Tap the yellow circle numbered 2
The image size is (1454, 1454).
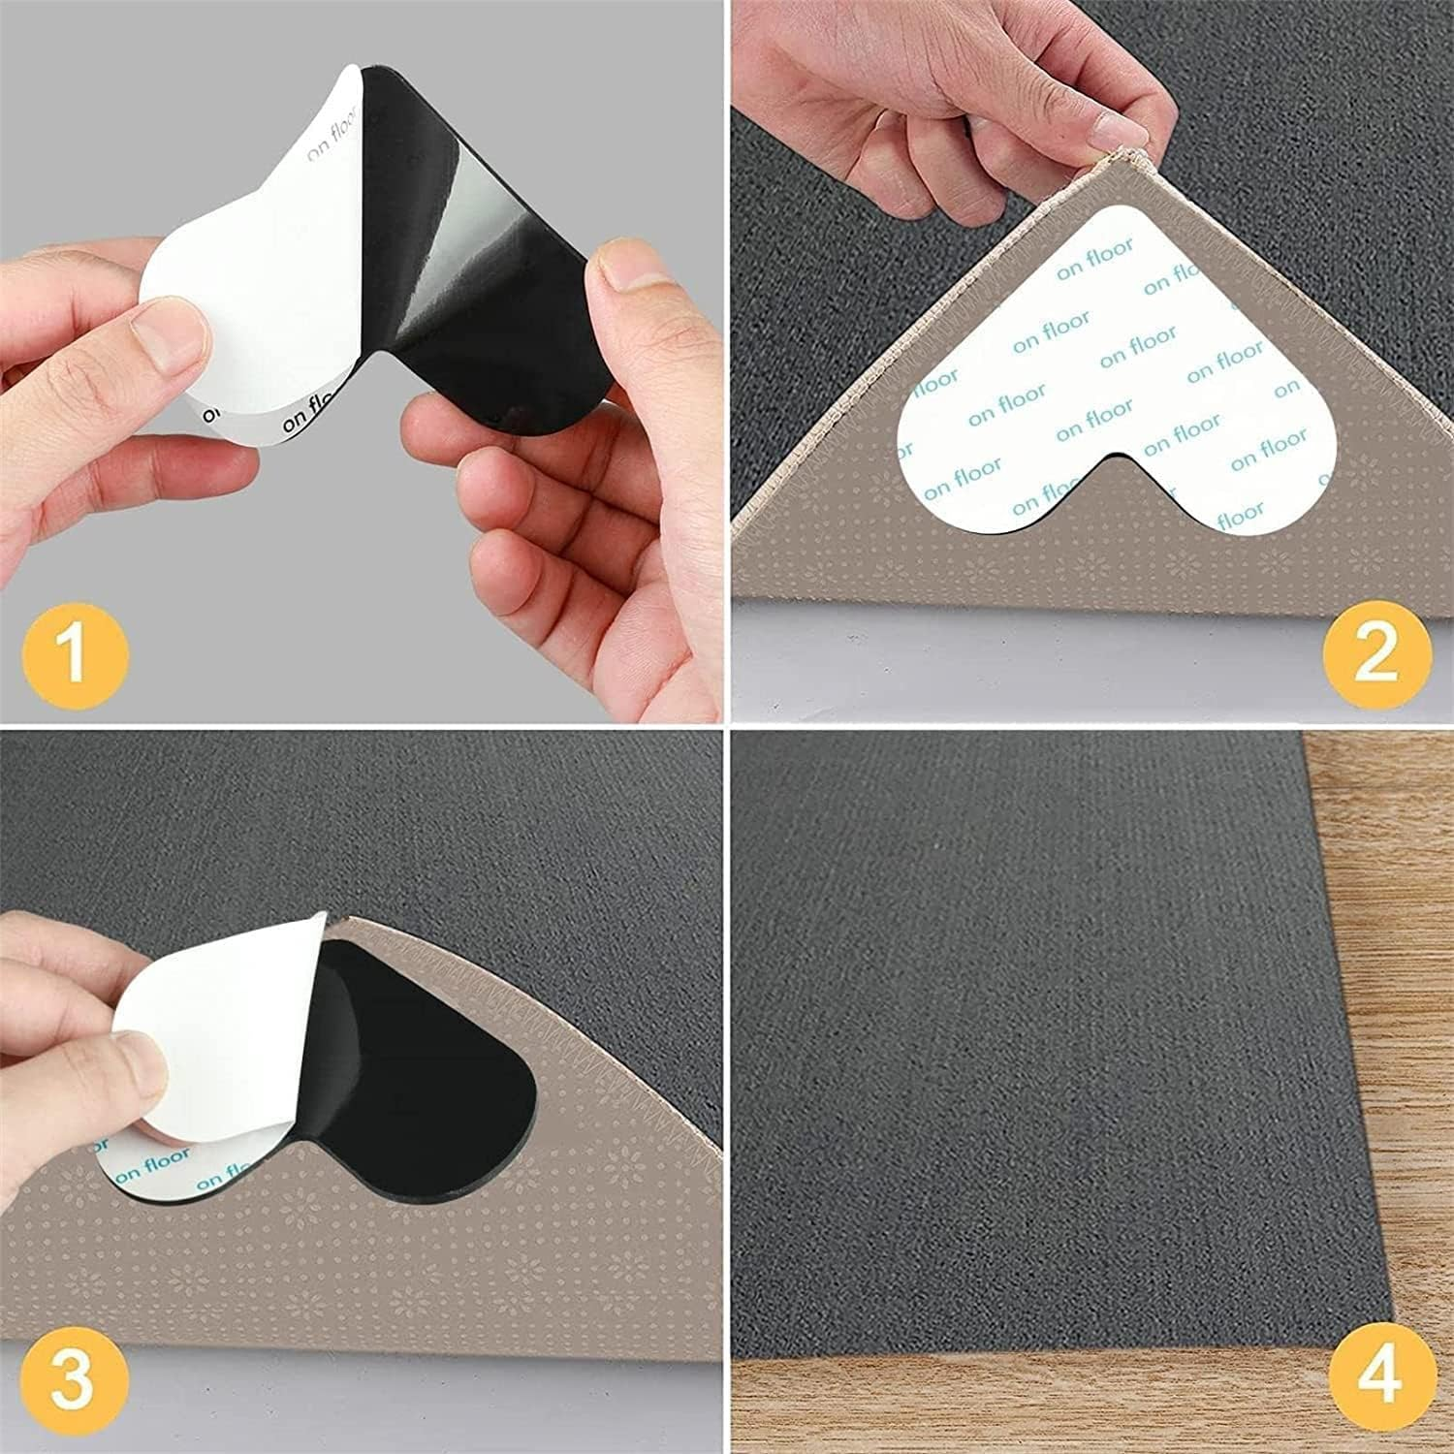[x=1376, y=650]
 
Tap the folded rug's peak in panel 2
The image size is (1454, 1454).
[x=1124, y=155]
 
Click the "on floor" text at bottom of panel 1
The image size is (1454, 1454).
[x=320, y=419]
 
